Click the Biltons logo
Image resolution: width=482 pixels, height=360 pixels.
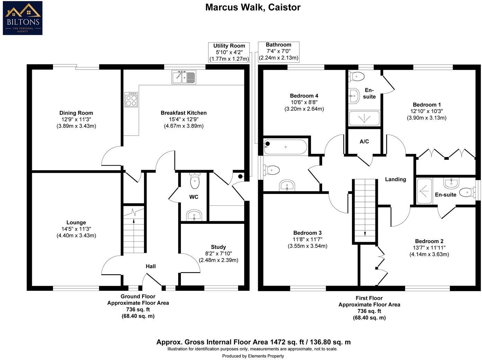[x=22, y=18]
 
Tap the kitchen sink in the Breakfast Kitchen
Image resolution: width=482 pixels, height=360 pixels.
[x=184, y=77]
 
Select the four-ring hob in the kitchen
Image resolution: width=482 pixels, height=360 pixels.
[x=131, y=100]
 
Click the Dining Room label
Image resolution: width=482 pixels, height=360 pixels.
[x=76, y=113]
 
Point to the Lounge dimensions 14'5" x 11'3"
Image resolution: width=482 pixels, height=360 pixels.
[x=76, y=229]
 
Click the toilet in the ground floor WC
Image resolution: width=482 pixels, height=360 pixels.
[x=195, y=181]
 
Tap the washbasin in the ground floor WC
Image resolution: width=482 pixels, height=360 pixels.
[x=194, y=215]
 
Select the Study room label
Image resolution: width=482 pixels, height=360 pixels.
[x=218, y=247]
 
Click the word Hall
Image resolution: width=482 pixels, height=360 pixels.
[x=151, y=266]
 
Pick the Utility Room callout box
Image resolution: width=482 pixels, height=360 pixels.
[x=229, y=52]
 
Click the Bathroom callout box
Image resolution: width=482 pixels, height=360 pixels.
[x=279, y=51]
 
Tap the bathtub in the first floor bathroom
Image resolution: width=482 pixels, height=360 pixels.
[x=285, y=147]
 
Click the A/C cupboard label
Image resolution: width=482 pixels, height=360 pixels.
[x=364, y=141]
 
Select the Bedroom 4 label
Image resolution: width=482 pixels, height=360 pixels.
[x=304, y=96]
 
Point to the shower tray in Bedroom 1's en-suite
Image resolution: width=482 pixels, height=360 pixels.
[x=364, y=118]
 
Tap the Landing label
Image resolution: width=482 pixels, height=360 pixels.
[x=395, y=179]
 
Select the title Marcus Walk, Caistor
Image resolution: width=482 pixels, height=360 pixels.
[x=253, y=7]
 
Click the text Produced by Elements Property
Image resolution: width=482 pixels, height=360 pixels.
[x=253, y=356]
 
